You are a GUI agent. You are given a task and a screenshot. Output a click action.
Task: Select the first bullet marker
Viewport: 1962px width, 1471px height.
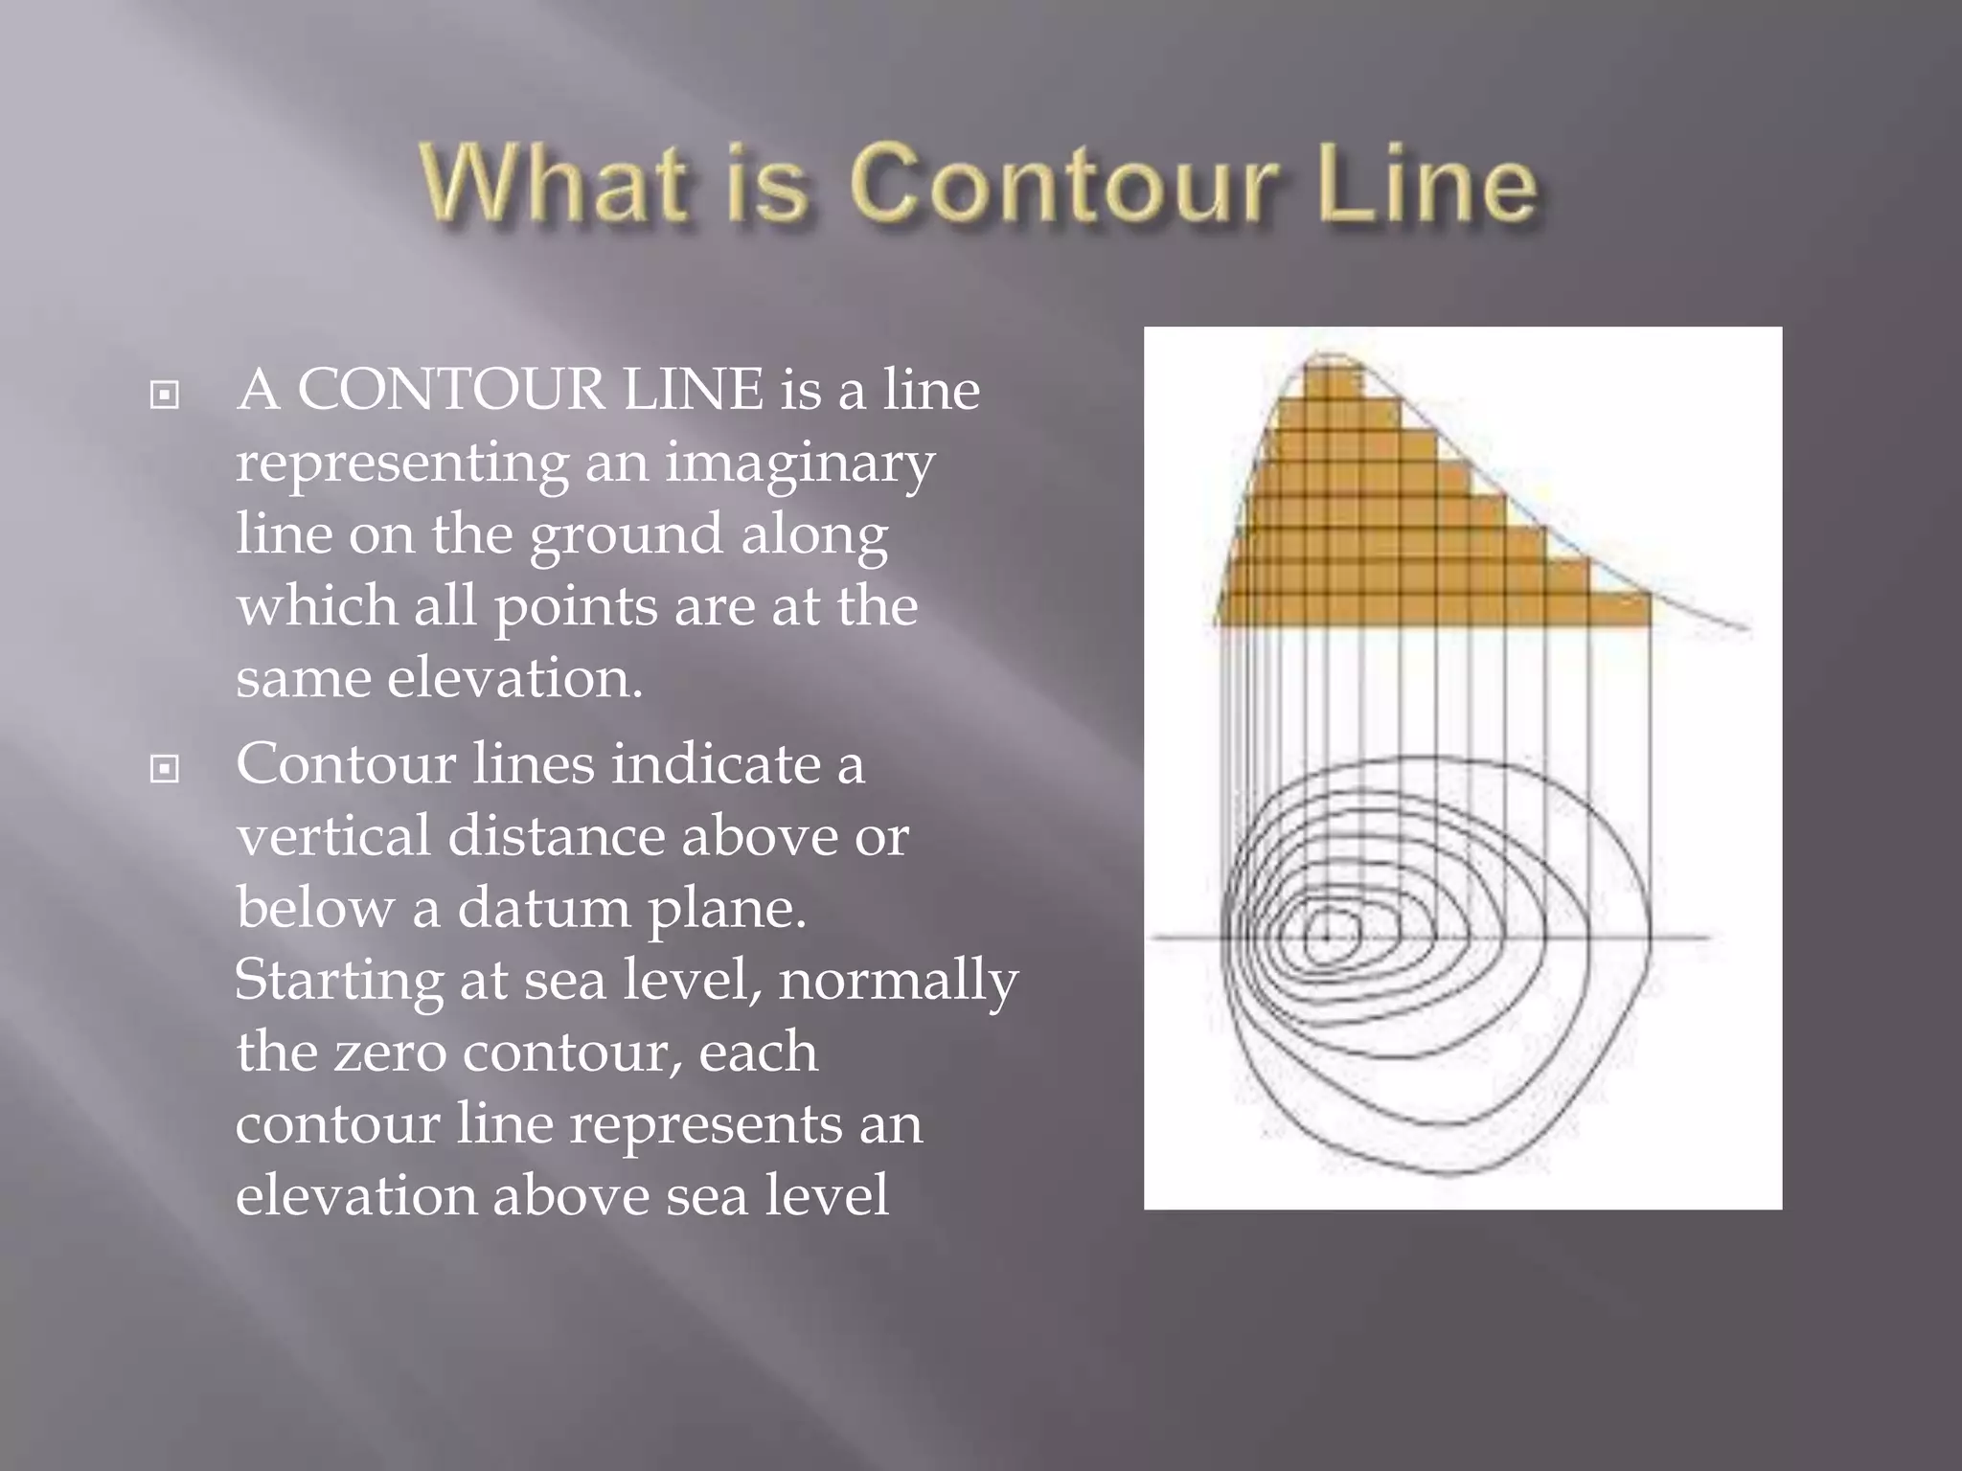tap(165, 394)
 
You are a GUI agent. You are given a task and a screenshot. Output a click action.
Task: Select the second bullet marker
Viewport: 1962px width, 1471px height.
tap(165, 768)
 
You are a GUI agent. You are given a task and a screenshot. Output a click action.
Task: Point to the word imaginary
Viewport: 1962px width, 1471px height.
tap(799, 464)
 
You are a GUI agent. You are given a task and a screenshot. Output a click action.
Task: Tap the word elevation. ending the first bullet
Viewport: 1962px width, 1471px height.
tap(514, 678)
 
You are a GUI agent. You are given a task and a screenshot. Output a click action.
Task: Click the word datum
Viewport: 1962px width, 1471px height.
tap(543, 908)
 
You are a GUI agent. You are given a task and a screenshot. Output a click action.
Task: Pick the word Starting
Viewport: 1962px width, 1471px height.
tap(338, 981)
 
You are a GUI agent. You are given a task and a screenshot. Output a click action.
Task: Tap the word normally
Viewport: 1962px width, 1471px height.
tap(898, 981)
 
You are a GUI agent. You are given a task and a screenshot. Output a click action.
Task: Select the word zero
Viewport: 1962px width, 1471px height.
tap(390, 1052)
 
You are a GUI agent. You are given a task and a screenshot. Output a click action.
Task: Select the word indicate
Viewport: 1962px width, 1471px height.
tap(716, 764)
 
